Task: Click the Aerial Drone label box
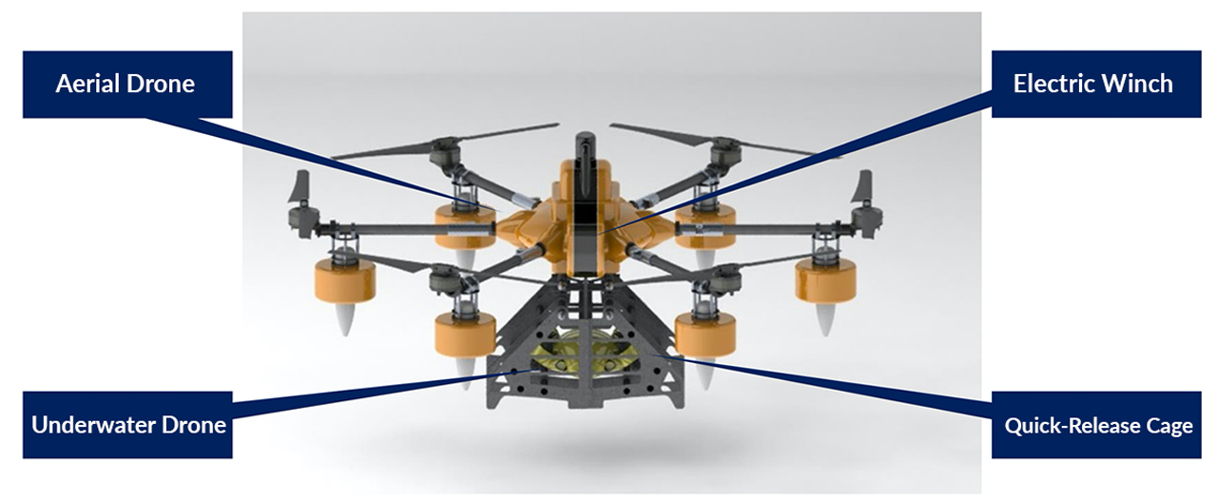point(126,84)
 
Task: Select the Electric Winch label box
point(1092,84)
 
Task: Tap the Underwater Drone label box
point(127,424)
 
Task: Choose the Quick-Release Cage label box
point(1098,424)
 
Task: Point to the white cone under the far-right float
point(823,321)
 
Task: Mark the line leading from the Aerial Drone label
point(314,157)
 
